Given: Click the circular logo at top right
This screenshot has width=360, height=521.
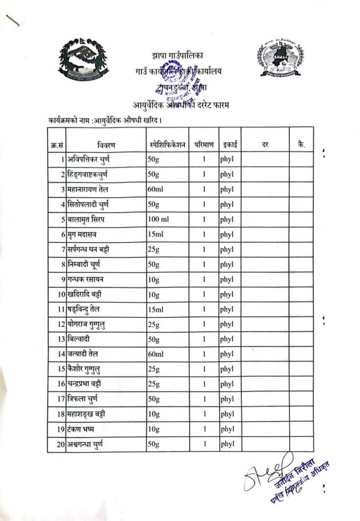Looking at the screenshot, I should click(280, 58).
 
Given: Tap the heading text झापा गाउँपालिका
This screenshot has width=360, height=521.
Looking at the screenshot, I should click(178, 56).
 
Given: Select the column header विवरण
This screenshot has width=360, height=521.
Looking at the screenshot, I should click(105, 145).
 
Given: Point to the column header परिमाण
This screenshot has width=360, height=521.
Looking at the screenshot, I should click(203, 145).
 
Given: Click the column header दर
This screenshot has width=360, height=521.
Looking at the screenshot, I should click(265, 145).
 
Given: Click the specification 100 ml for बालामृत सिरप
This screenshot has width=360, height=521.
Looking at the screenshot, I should click(158, 219).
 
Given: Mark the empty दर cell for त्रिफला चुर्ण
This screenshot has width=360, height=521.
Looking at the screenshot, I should click(265, 398).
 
